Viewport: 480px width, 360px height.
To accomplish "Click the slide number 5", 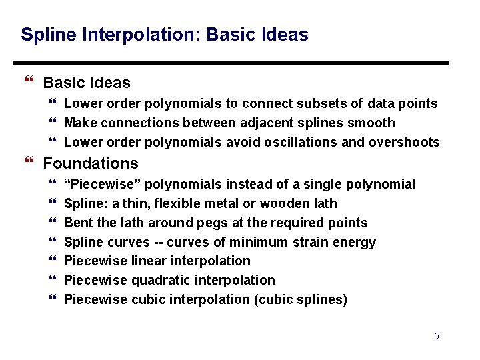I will pos(437,336).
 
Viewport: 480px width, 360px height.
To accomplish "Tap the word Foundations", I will pos(91,163).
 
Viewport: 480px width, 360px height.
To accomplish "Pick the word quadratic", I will pos(161,280).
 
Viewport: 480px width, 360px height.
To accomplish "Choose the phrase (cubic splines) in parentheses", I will pos(301,299).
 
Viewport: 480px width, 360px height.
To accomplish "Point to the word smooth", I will pos(373,123).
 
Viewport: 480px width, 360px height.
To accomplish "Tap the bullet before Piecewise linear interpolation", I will pos(53,261).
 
